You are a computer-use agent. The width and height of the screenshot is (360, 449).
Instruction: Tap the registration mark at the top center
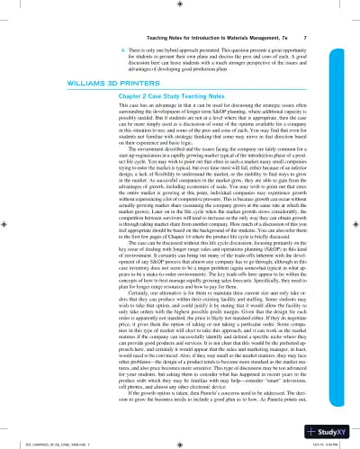pos(181,4)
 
